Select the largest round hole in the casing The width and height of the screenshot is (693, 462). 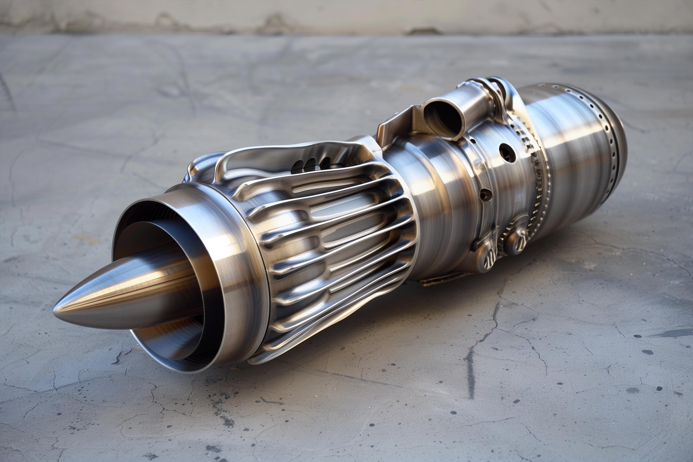coord(507,153)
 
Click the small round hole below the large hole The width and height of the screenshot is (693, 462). coord(485,195)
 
